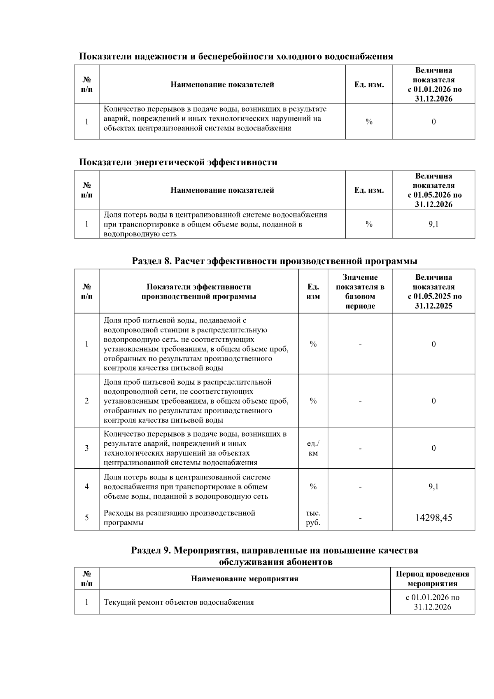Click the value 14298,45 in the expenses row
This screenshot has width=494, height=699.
click(433, 517)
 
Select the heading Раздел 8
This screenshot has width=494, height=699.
click(274, 261)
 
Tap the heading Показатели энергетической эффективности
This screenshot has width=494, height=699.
click(178, 162)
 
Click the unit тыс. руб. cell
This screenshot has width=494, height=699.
click(313, 518)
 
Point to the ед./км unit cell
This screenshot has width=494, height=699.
click(313, 448)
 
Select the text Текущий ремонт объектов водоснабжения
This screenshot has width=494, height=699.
click(179, 602)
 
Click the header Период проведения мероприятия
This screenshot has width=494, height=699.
click(432, 579)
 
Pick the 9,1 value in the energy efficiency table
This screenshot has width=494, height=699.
click(433, 224)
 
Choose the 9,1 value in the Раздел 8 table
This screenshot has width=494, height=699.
click(433, 486)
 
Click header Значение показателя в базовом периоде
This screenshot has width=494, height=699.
click(360, 292)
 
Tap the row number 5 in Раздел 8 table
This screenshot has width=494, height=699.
click(86, 518)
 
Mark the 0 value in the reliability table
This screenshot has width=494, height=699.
click(433, 122)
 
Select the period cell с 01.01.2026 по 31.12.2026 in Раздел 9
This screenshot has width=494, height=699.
click(432, 602)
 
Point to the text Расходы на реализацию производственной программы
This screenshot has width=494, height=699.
click(179, 518)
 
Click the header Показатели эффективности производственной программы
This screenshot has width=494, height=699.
click(198, 292)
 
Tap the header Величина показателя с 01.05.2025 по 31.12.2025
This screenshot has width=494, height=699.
click(433, 292)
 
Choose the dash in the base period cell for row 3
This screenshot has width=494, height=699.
click(360, 448)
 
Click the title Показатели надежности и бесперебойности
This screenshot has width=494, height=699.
click(235, 56)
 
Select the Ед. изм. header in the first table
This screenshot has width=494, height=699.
click(369, 85)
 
